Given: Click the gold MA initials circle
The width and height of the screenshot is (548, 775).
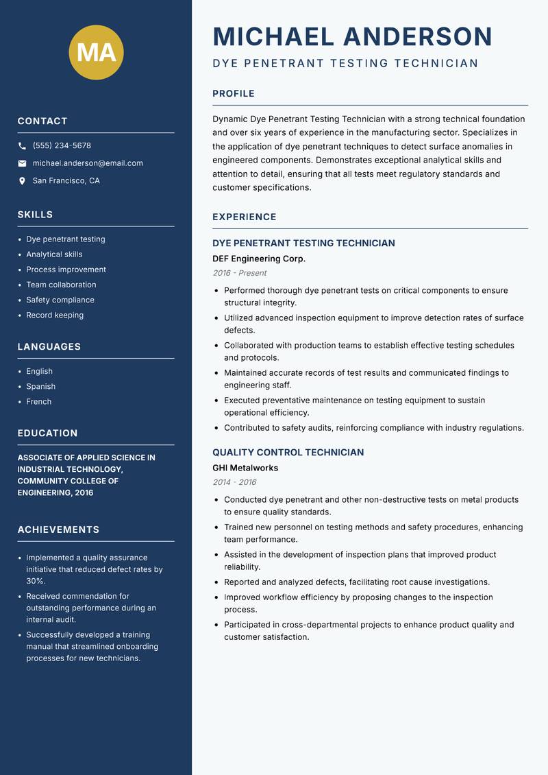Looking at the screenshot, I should [96, 52].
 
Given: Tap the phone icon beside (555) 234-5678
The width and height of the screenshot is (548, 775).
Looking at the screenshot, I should [22, 146].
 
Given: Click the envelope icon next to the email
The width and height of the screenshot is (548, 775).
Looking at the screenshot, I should [22, 163].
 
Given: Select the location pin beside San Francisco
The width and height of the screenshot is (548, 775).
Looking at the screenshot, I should [22, 181].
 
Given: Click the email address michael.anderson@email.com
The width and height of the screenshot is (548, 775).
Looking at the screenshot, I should [88, 163].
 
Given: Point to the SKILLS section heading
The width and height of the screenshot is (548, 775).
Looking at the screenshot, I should [35, 215].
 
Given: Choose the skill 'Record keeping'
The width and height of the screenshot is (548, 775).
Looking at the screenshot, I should [55, 315].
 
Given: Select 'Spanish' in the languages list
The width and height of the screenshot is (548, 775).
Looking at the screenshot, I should [41, 387].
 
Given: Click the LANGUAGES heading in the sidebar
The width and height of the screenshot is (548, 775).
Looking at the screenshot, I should [49, 347].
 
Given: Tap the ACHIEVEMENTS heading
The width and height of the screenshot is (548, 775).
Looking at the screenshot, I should [58, 530].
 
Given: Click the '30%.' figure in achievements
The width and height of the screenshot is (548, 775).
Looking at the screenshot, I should [36, 581].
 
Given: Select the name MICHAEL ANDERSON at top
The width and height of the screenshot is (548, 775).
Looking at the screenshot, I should [353, 36].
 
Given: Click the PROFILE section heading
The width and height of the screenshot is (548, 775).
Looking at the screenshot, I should [234, 94].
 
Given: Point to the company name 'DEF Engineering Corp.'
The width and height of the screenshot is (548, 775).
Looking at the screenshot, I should [259, 259].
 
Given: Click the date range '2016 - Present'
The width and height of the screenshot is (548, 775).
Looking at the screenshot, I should [240, 273].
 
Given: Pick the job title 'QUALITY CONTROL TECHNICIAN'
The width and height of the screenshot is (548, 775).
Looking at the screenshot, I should [288, 453].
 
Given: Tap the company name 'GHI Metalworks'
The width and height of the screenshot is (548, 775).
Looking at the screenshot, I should [245, 468].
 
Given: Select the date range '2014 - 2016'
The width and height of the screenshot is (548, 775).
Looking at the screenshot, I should [234, 482].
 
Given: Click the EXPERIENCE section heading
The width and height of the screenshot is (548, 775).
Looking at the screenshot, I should [245, 217].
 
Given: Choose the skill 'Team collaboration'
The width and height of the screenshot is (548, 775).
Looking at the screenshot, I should [61, 285].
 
